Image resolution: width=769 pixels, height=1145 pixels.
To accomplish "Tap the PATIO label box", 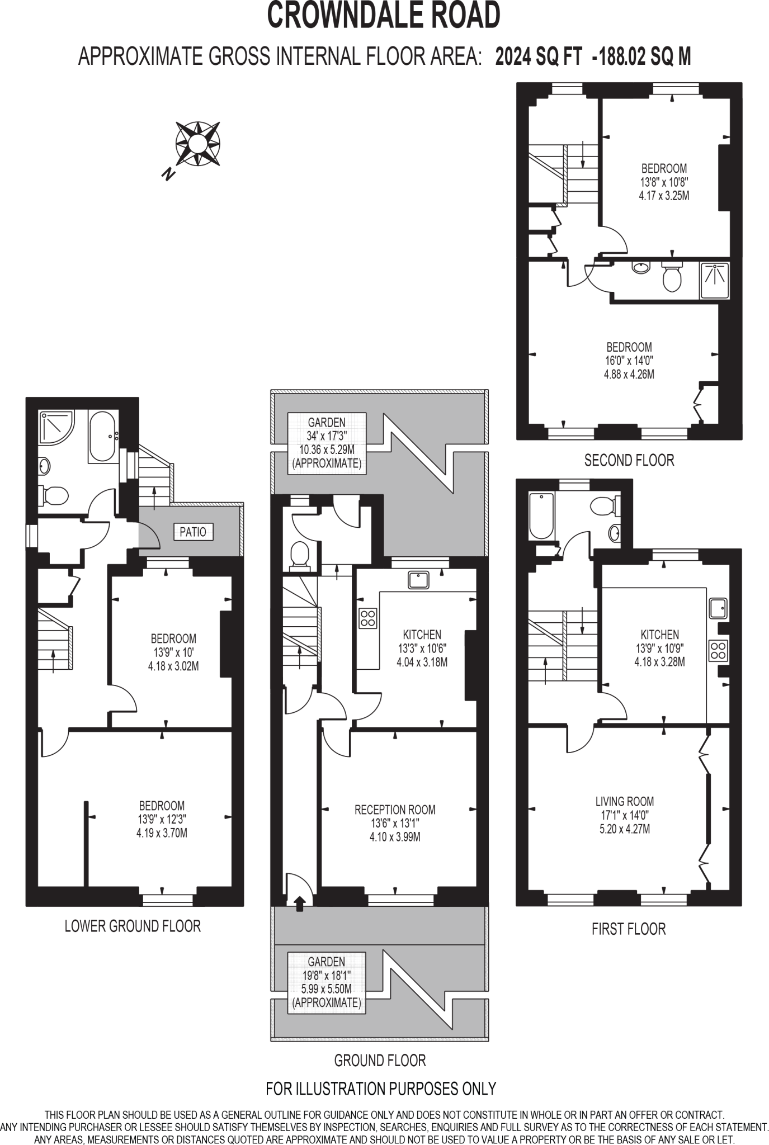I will point(193,532).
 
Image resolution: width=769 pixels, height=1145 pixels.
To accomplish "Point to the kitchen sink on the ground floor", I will point(419,580).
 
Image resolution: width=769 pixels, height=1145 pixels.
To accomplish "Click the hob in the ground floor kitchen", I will point(368,618).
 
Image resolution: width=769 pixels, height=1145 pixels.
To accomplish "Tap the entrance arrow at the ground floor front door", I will point(300,902).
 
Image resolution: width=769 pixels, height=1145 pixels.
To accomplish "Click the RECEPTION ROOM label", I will point(395,810).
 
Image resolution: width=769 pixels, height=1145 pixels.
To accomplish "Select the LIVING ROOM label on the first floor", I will point(625,801).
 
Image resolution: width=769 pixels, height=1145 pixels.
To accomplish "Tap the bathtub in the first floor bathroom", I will point(541,515).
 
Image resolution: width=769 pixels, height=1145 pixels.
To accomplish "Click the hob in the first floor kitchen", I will point(718,650).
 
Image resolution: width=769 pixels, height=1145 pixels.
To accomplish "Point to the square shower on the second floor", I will point(715,280).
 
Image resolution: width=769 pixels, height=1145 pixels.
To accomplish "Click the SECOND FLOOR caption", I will point(629,461).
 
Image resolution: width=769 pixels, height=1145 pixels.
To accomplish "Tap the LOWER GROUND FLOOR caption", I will point(133,926).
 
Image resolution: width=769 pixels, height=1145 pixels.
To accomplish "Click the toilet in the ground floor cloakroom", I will point(300,555).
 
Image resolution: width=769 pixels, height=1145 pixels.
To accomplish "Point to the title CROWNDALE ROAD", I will point(384,16).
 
